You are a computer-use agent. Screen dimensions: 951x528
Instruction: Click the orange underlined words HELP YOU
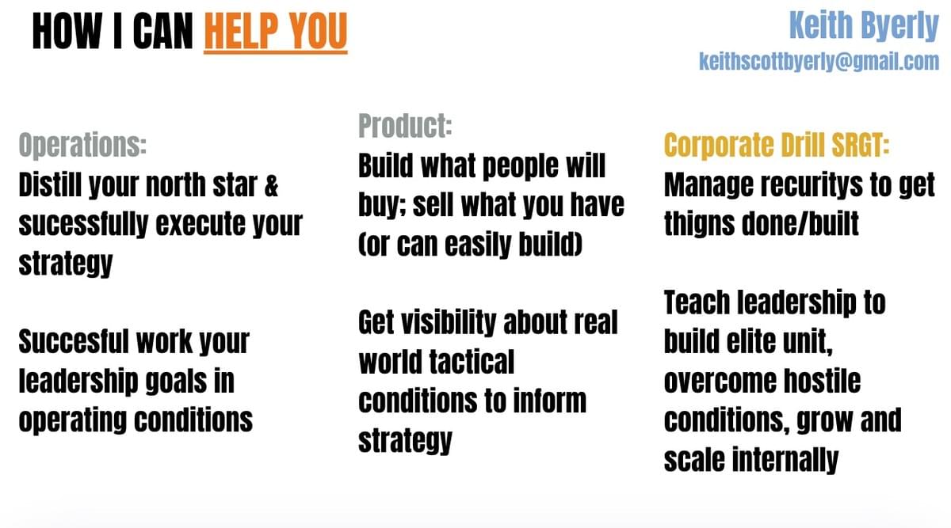[x=276, y=32]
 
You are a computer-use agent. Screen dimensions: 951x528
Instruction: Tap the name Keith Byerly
[x=864, y=26]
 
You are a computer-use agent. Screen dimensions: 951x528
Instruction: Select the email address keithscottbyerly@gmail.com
[x=819, y=62]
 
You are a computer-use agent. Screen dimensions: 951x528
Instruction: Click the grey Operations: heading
[x=82, y=145]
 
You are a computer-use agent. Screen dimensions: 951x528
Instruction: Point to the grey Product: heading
[x=405, y=126]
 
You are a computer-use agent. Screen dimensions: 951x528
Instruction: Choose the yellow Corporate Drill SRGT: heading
[x=777, y=145]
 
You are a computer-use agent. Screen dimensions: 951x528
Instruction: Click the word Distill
[x=51, y=185]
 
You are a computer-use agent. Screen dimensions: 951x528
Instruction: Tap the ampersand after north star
[x=271, y=185]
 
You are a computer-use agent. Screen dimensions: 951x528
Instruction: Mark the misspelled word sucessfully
[x=83, y=225]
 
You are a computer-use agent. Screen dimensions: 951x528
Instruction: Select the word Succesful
[x=74, y=341]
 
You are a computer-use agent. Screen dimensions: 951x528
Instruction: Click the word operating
[x=73, y=420]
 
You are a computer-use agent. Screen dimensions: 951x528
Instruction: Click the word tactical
[x=472, y=362]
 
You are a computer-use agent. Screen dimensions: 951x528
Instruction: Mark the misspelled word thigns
[x=699, y=224]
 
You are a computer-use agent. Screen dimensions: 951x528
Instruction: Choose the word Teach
[x=697, y=302]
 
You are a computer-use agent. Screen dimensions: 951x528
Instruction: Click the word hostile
[x=822, y=381]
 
